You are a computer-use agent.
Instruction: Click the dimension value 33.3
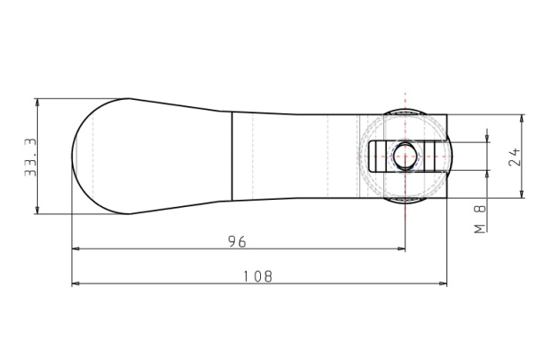pyautogui.click(x=30, y=157)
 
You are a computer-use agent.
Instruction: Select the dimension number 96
pyautogui.click(x=237, y=241)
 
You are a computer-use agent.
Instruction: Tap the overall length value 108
pyautogui.click(x=259, y=276)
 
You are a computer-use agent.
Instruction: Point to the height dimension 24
pyautogui.click(x=515, y=157)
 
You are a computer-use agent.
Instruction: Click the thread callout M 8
pyautogui.click(x=480, y=220)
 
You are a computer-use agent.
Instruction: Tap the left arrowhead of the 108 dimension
pyautogui.click(x=76, y=283)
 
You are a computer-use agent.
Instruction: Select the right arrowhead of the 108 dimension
pyautogui.click(x=443, y=283)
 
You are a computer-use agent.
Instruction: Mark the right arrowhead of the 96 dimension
pyautogui.click(x=400, y=248)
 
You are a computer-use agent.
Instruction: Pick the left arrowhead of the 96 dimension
pyautogui.click(x=76, y=248)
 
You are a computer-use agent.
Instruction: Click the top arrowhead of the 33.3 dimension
pyautogui.click(x=37, y=103)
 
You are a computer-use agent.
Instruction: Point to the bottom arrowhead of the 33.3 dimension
pyautogui.click(x=37, y=210)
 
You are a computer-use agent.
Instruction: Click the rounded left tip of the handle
pyautogui.click(x=73, y=156)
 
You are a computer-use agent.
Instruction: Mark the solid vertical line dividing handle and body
pyautogui.click(x=232, y=156)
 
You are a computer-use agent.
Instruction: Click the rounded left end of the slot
pyautogui.click(x=369, y=156)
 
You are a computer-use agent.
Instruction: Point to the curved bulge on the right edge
pyautogui.click(x=454, y=156)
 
